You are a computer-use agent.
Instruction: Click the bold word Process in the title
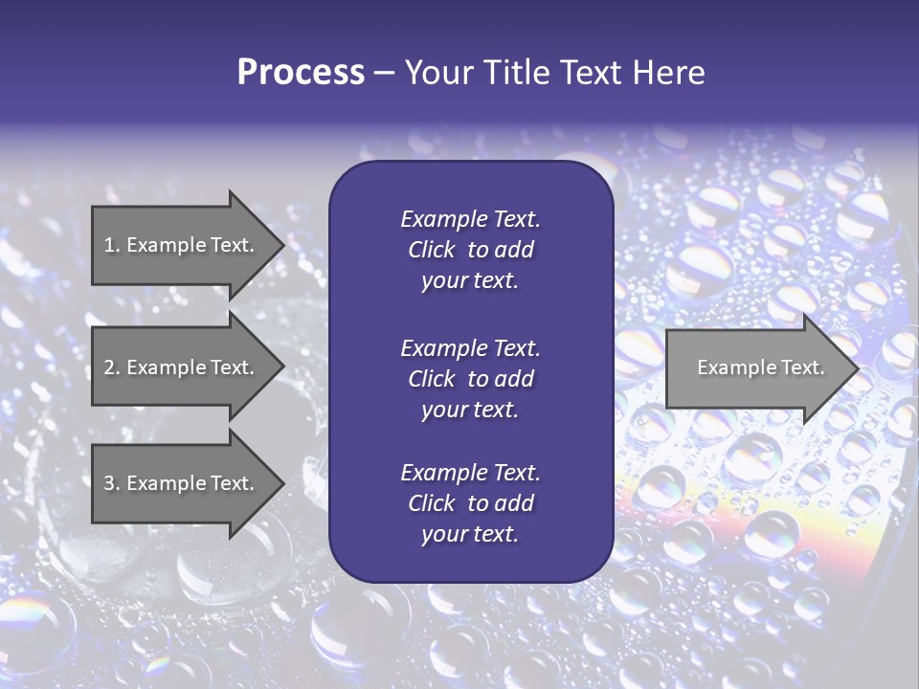tap(301, 73)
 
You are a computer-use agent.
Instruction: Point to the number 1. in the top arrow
tap(111, 245)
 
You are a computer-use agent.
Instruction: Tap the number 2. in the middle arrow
tap(111, 367)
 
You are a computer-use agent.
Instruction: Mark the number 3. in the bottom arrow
tap(111, 483)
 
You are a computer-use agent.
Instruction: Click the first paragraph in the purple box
tap(470, 250)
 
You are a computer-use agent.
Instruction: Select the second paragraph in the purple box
tap(470, 379)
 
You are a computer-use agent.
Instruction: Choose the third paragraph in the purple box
tap(470, 503)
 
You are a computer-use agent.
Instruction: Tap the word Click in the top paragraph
tap(432, 250)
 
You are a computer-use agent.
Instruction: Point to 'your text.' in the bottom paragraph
tap(470, 534)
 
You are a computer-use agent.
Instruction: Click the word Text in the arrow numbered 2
tap(230, 367)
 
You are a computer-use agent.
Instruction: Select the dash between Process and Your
tap(384, 73)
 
